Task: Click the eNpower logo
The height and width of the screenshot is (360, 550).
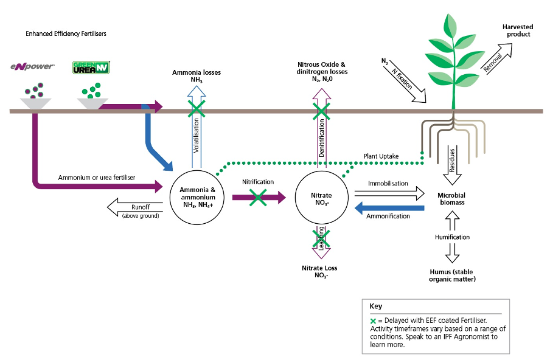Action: coord(33,66)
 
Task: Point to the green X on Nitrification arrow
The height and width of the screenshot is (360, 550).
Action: coord(258,196)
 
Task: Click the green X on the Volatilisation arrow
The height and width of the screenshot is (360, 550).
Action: coord(196,109)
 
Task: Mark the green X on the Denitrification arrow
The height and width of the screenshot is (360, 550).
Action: coord(321,110)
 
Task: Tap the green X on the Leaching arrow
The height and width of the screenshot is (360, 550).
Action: coord(321,238)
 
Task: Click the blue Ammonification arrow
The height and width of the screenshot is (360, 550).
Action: coord(389,209)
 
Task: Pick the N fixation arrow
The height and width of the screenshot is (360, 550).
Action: coord(405,81)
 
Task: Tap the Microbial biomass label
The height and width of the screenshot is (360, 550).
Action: coord(451,199)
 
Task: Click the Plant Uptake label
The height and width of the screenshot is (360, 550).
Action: coord(381,156)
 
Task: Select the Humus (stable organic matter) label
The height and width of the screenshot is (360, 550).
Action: coord(451,275)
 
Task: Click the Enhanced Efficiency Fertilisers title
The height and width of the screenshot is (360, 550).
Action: coord(66,33)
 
